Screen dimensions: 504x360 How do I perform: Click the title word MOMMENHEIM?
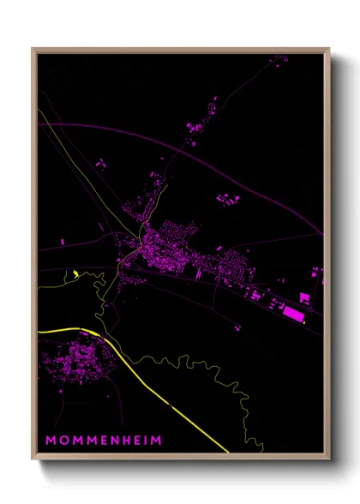click(x=103, y=440)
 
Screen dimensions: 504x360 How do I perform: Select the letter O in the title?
click(x=63, y=440)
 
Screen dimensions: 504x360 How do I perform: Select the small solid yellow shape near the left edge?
click(x=76, y=274)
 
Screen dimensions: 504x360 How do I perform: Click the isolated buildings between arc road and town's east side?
click(x=226, y=200)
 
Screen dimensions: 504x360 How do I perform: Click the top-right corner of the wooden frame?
click(x=328, y=49)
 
